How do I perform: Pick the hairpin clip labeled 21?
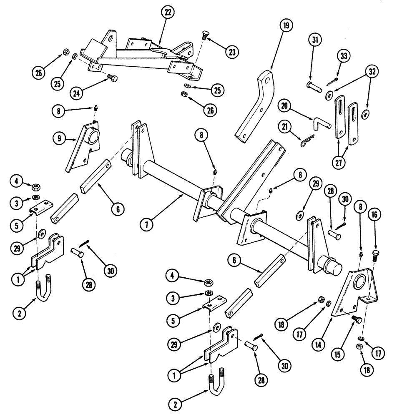(x=305, y=142)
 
